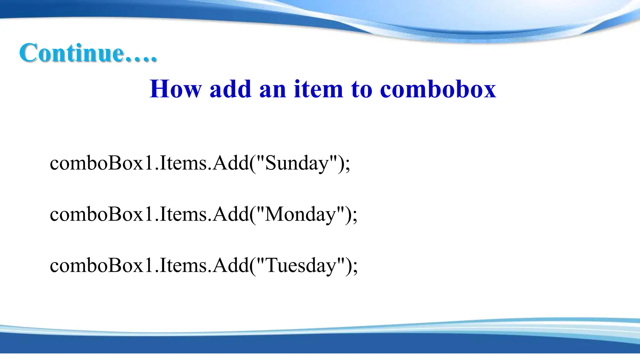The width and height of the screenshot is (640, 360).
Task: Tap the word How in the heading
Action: (x=175, y=89)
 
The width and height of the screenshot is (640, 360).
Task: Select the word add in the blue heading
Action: (x=230, y=89)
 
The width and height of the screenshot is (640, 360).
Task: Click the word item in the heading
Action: (x=318, y=89)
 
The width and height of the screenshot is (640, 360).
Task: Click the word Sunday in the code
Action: (x=297, y=163)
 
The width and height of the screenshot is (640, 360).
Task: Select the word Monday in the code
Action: (x=300, y=215)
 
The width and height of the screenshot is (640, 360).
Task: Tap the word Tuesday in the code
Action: (x=301, y=266)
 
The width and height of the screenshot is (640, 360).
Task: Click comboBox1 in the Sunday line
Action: (x=102, y=163)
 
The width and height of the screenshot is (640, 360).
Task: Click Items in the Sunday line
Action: (x=183, y=163)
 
